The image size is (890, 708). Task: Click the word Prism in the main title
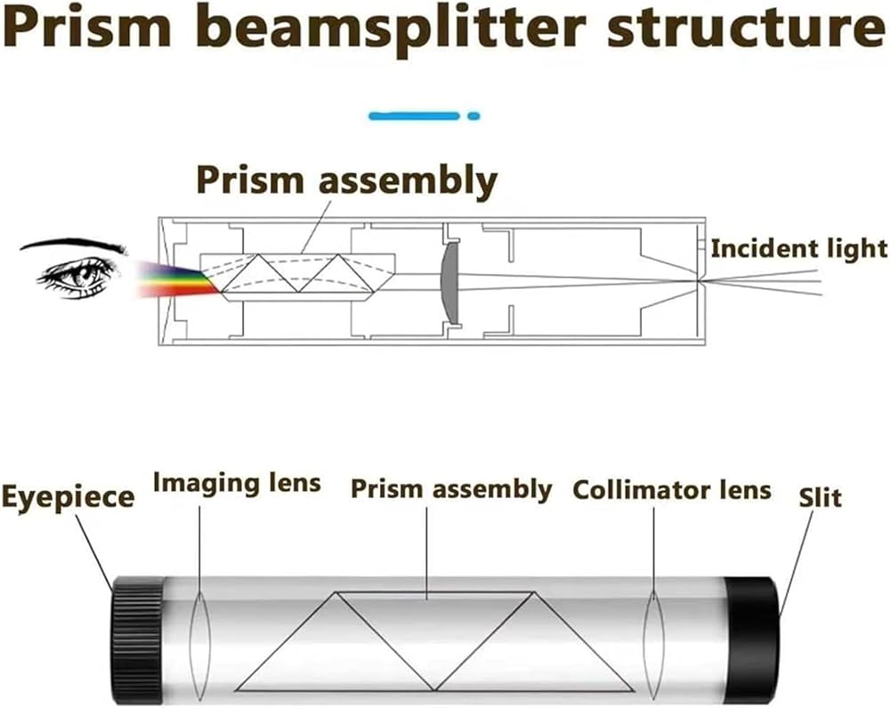tap(87, 28)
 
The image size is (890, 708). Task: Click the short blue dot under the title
tap(473, 117)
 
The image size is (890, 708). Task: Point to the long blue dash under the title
tap(415, 117)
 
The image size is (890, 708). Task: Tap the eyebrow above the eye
tap(73, 245)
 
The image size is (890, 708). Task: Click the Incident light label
tap(798, 248)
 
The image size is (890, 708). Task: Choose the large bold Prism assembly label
tap(347, 181)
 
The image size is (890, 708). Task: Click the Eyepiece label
tap(69, 497)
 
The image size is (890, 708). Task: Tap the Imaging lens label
tap(237, 484)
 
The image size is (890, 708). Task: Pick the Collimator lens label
tap(672, 490)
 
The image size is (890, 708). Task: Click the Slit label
tap(821, 497)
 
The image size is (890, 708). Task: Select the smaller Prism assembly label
tap(451, 489)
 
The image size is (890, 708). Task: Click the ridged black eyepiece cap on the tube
tap(137, 640)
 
